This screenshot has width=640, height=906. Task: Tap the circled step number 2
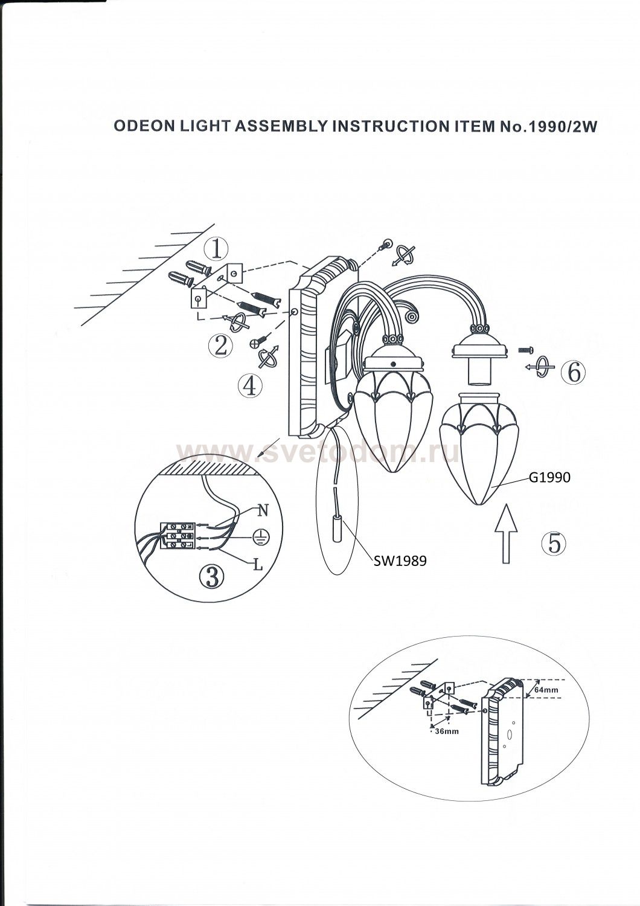[220, 346]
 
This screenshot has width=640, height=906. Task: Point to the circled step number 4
[249, 385]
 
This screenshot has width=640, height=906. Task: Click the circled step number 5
[554, 543]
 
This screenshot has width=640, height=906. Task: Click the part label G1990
[549, 478]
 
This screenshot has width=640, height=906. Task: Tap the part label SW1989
[400, 561]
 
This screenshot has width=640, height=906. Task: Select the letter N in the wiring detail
[263, 510]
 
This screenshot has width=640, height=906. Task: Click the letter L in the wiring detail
[258, 565]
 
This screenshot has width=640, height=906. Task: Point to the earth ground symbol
[260, 538]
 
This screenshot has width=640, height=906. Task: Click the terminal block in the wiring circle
[179, 536]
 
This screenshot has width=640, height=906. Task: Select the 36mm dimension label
[446, 731]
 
